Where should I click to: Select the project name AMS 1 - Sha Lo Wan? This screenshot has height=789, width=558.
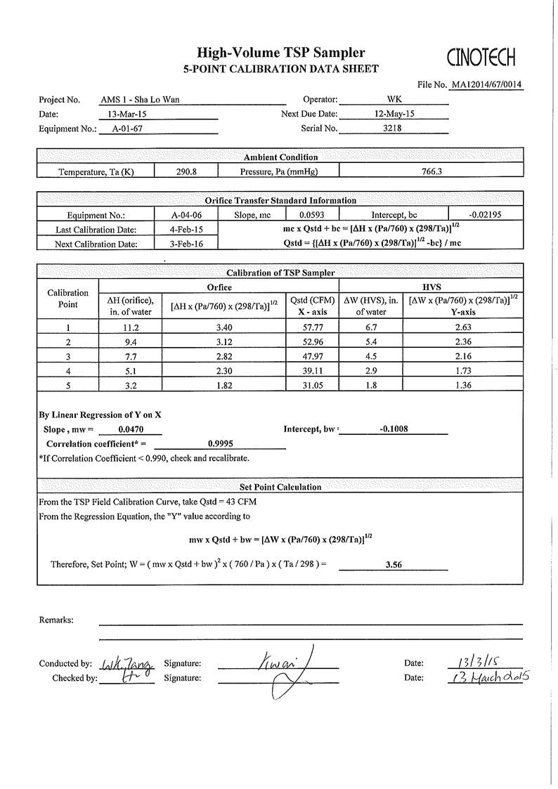[x=140, y=100]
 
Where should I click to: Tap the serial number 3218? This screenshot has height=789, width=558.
[x=392, y=128]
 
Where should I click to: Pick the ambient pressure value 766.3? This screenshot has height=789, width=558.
[x=430, y=171]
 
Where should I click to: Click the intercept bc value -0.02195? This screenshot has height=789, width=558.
[x=485, y=215]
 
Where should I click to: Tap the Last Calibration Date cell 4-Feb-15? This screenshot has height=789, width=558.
[x=186, y=230]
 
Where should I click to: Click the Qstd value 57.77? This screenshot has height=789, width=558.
[x=311, y=327]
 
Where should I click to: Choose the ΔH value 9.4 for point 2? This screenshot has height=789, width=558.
[x=130, y=342]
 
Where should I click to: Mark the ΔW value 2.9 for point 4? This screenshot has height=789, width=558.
[x=370, y=371]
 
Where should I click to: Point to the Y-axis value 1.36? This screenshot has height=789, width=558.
[x=462, y=385]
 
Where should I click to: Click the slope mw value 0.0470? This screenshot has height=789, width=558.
[x=131, y=429]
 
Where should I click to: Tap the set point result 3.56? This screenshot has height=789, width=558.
[x=394, y=563]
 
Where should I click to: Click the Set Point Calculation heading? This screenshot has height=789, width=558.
[x=280, y=487]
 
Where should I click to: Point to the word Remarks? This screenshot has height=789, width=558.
[x=56, y=620]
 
